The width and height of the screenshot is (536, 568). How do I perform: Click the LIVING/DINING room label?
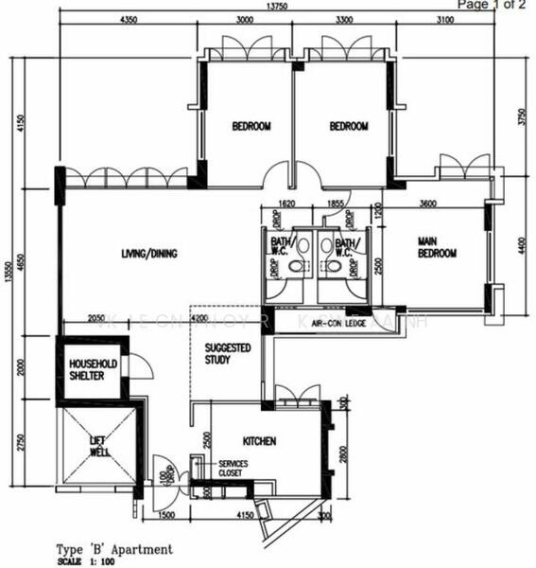pyautogui.click(x=149, y=253)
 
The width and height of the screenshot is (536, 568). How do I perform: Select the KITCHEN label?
pyautogui.click(x=259, y=441)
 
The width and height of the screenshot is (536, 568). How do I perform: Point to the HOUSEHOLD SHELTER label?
pyautogui.click(x=92, y=370)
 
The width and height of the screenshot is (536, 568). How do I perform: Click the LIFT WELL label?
pyautogui.click(x=99, y=445)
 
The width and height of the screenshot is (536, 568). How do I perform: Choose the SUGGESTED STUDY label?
pyautogui.click(x=228, y=354)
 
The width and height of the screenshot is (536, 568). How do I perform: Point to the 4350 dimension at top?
pyautogui.click(x=130, y=20)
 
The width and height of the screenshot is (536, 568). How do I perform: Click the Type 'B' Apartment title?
pyautogui.click(x=114, y=548)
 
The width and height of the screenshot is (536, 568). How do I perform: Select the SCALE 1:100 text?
pyautogui.click(x=89, y=559)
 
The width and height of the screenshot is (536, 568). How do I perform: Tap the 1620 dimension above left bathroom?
pyautogui.click(x=289, y=203)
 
